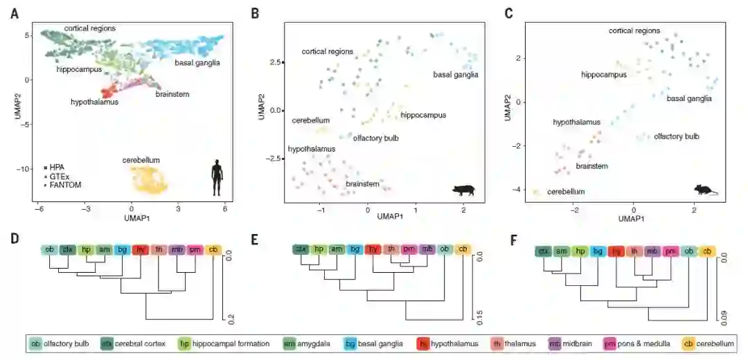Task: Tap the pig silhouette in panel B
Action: point(463,189)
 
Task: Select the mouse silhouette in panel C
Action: point(706,189)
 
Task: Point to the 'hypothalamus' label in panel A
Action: point(94,102)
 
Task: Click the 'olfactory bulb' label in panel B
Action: point(375,138)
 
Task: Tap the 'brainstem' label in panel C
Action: point(592,166)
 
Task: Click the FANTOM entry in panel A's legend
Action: point(61,186)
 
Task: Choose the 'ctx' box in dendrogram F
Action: point(544,253)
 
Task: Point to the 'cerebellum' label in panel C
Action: point(566,192)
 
